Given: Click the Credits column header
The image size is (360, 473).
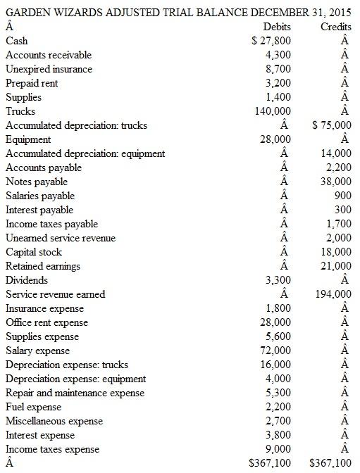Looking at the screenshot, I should pyautogui.click(x=335, y=26).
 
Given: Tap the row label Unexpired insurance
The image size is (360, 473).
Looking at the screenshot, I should pyautogui.click(x=49, y=69).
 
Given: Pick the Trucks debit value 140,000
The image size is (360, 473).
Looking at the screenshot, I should pyautogui.click(x=271, y=111).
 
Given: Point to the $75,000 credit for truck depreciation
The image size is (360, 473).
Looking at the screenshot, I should pyautogui.click(x=331, y=125).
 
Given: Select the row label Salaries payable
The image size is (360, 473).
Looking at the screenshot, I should pyautogui.click(x=40, y=196).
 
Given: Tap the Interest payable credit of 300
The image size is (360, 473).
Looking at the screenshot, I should pyautogui.click(x=343, y=210).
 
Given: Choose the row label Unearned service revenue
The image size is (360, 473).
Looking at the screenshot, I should pyautogui.click(x=61, y=238).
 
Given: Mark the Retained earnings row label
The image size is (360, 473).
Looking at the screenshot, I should pyautogui.click(x=43, y=266).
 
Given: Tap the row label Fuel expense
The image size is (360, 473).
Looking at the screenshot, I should pyautogui.click(x=33, y=407).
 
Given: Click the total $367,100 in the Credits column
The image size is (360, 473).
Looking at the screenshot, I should pyautogui.click(x=330, y=463).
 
